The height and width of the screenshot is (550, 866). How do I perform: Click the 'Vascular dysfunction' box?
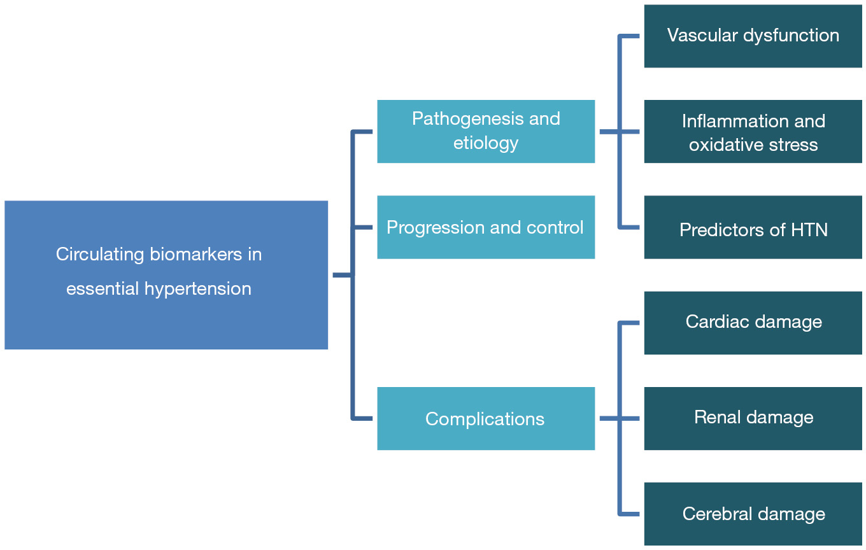753,36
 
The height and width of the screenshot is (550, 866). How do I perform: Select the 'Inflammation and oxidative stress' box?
753,131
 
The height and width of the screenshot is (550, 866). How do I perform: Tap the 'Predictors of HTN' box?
753,227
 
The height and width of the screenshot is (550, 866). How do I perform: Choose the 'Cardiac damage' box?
753,323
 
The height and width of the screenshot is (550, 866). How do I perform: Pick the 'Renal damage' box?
753,419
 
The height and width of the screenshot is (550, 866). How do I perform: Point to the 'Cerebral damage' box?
753,514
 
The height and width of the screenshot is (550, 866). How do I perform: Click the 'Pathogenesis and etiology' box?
486,131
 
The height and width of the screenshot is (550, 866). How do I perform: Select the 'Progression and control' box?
486,227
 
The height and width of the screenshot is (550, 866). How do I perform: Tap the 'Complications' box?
486,419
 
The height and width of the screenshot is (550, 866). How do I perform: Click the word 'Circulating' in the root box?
100,255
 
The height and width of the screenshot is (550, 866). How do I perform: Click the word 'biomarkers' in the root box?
195,254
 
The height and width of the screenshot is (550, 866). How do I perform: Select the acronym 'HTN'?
809,230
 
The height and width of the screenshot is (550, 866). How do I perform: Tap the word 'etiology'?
486,144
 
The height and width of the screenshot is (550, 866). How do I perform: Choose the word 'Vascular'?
702,36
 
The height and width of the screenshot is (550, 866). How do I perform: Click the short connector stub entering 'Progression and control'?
363,227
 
